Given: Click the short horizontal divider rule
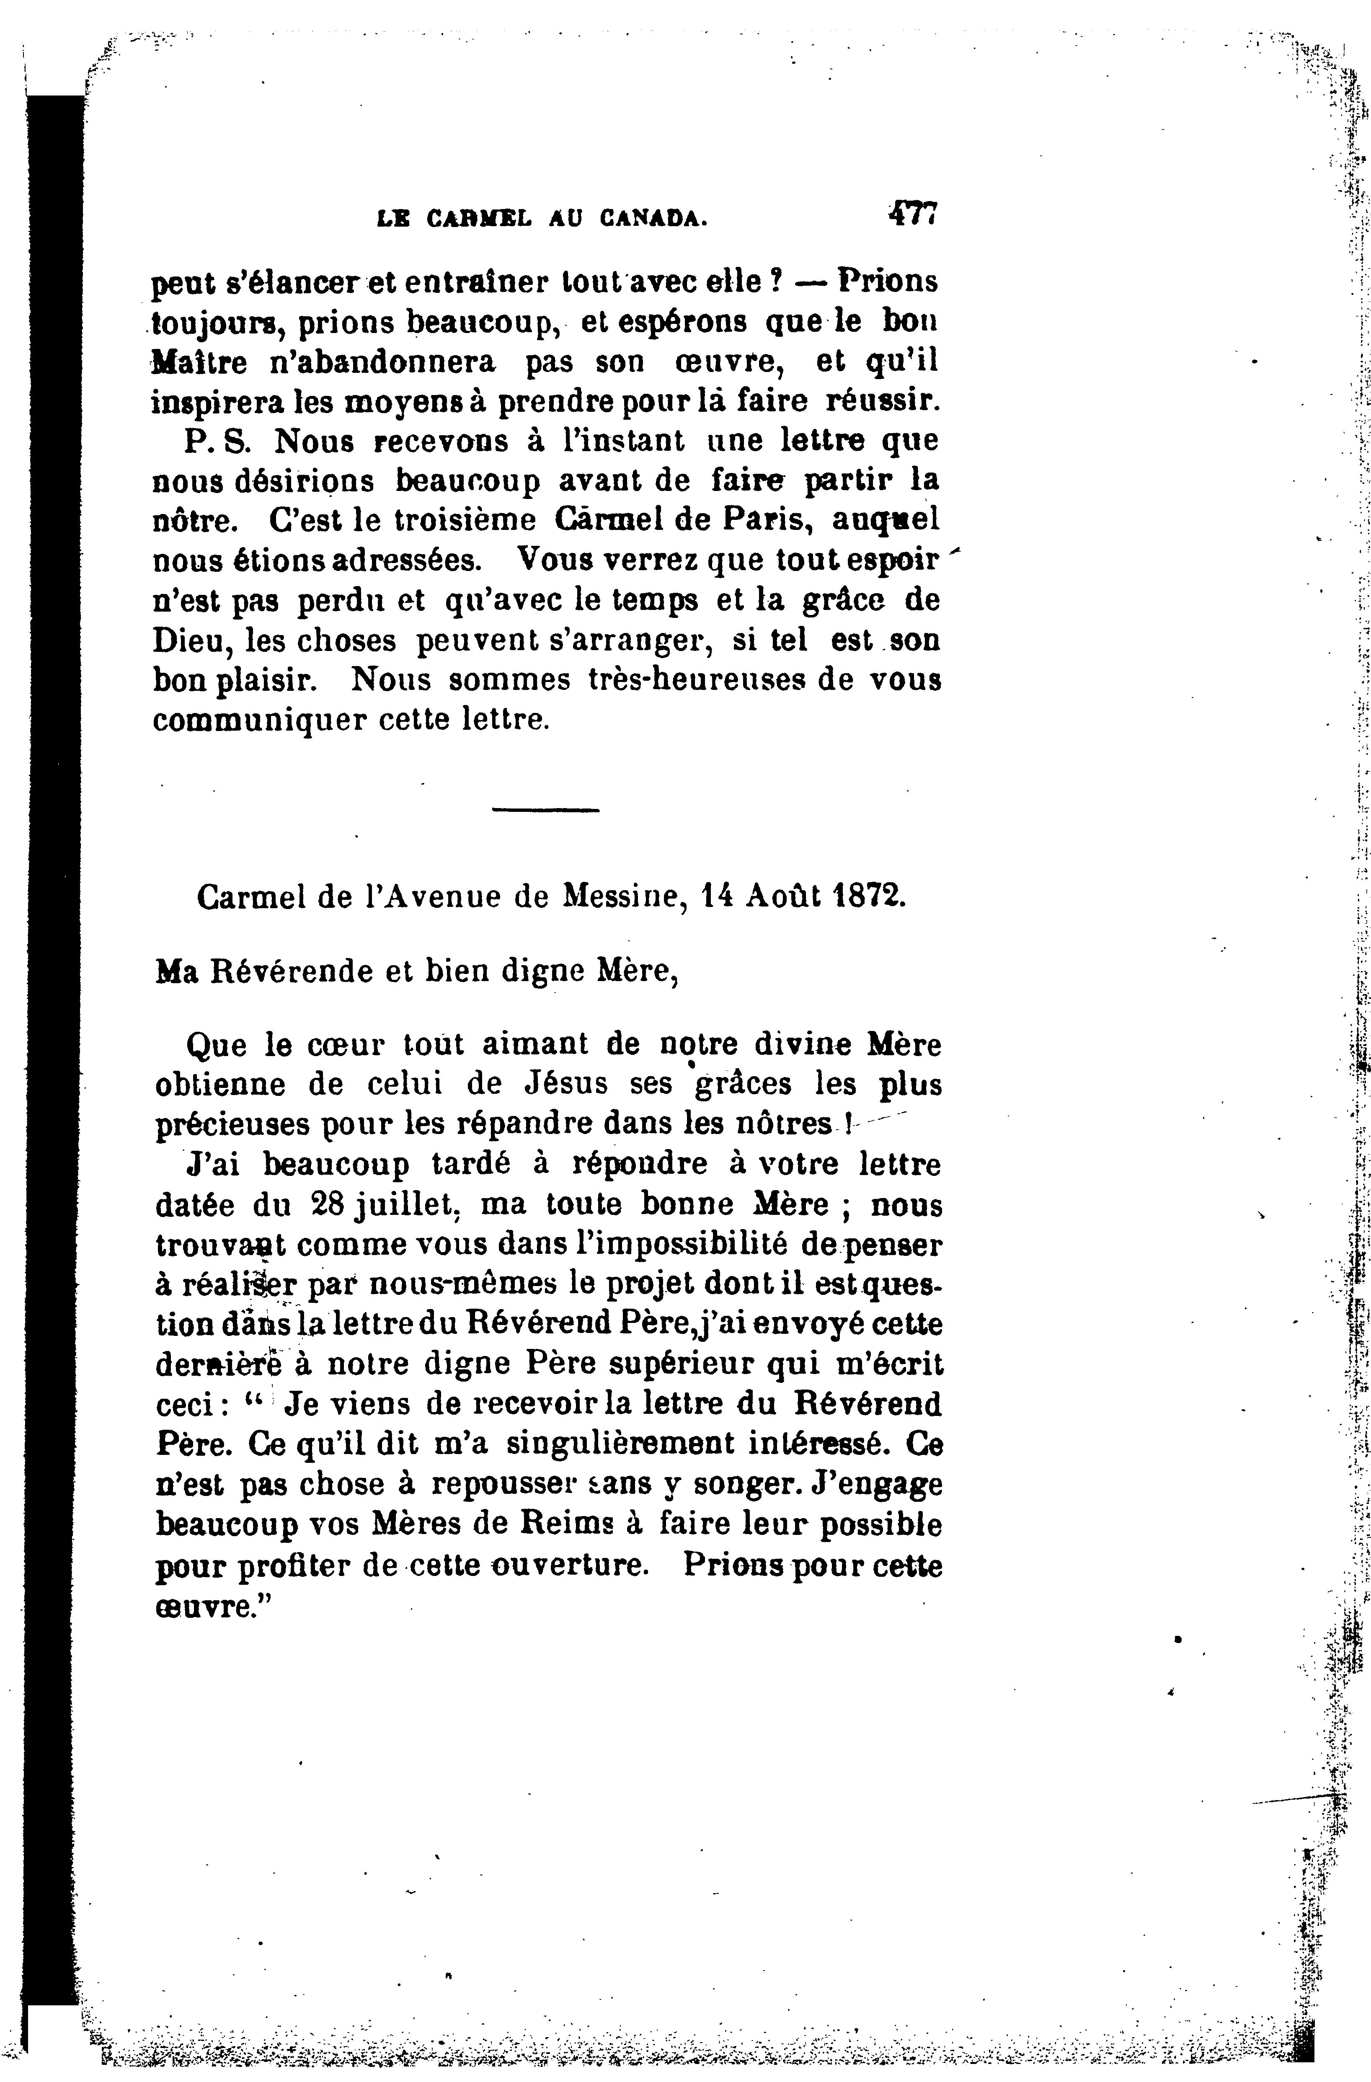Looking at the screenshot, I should coord(545,809).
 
